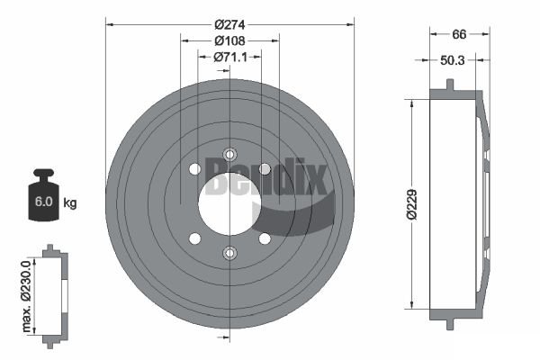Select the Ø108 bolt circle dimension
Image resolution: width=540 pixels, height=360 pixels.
click(230, 40)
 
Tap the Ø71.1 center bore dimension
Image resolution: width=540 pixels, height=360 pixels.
click(230, 58)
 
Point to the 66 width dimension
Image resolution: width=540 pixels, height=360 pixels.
click(459, 34)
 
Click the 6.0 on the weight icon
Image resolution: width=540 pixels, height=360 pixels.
click(42, 202)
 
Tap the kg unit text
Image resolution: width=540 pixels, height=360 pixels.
click(69, 202)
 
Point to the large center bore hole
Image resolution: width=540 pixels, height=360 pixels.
click(229, 202)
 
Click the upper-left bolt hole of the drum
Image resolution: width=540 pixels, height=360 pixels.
click(194, 169)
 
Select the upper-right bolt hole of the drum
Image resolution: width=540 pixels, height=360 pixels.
click(265, 169)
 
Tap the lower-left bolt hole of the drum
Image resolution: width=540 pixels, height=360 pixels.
click(194, 238)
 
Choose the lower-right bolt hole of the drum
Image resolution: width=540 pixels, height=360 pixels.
click(265, 238)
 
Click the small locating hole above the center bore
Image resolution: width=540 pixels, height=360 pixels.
click(229, 154)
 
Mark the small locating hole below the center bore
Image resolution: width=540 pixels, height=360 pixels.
click(229, 253)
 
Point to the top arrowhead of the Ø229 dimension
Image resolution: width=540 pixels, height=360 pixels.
click(412, 103)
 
